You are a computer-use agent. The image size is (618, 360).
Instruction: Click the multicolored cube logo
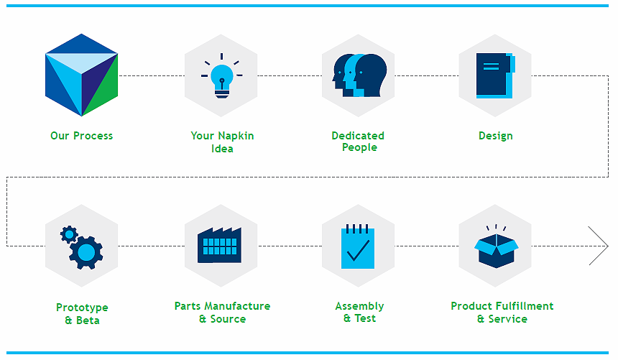(x=82, y=75)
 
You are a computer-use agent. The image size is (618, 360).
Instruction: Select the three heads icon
(x=359, y=75)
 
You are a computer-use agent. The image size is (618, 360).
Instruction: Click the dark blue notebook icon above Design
(x=496, y=75)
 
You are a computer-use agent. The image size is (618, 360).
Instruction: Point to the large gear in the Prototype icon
(x=86, y=252)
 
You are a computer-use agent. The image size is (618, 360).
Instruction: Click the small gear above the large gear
(x=69, y=235)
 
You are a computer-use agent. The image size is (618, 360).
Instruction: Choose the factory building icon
(x=219, y=245)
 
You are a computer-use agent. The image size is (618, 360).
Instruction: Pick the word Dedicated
(x=358, y=136)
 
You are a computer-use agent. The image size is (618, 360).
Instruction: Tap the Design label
(x=496, y=136)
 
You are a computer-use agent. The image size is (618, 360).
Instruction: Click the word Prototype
(x=82, y=308)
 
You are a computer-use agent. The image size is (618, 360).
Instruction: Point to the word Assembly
(x=359, y=306)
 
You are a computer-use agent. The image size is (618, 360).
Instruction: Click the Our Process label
(x=82, y=136)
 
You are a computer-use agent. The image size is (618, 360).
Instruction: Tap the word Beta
(x=88, y=320)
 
